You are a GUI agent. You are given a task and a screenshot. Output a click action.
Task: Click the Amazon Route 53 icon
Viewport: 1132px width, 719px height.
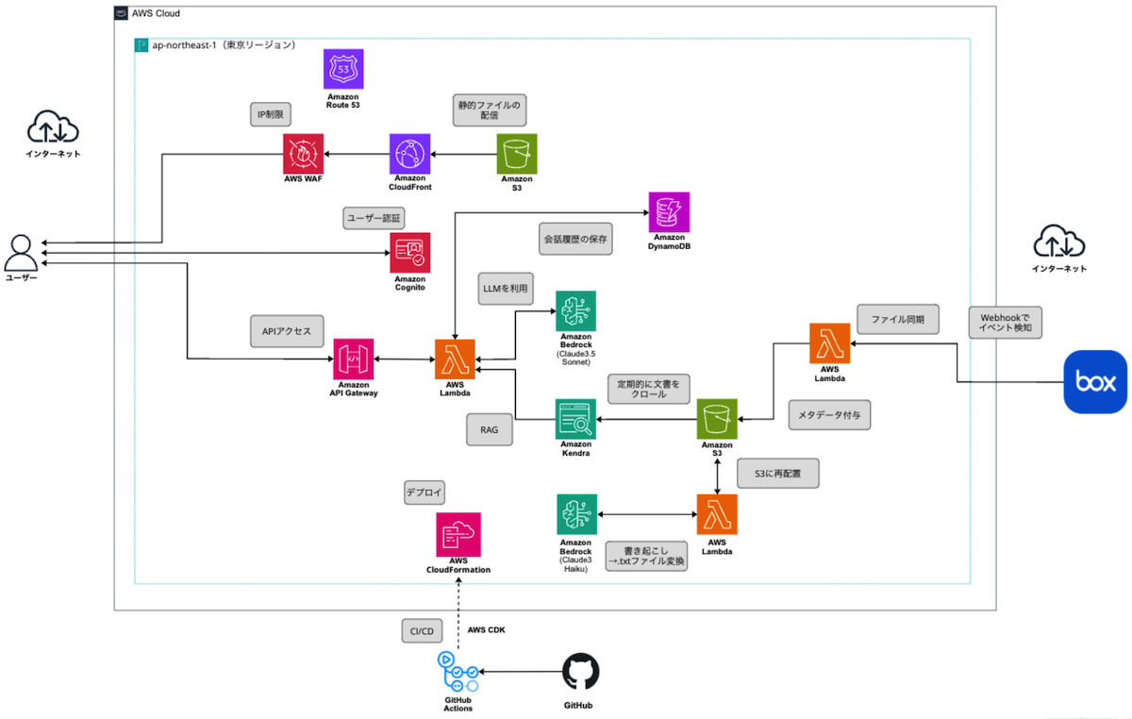click(x=343, y=69)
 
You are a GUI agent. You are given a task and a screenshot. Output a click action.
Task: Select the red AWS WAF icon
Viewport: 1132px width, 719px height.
click(x=303, y=153)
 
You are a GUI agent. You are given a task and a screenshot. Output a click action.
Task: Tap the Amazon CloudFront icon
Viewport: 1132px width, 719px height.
click(x=409, y=153)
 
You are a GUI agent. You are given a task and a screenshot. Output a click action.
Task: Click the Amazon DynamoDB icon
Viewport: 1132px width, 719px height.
click(x=669, y=211)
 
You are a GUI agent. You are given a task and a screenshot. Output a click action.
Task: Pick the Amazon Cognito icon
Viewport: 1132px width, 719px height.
click(x=410, y=253)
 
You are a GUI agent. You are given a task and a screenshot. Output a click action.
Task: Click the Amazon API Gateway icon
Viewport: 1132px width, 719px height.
click(x=353, y=359)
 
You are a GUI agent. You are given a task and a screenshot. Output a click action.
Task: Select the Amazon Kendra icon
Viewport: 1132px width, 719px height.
click(x=575, y=419)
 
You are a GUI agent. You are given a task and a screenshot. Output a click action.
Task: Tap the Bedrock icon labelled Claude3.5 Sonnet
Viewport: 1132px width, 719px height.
click(x=575, y=310)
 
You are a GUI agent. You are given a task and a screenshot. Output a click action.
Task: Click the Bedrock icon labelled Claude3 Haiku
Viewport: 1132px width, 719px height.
click(x=575, y=514)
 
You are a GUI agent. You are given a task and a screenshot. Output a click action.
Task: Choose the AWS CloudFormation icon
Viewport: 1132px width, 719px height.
click(x=458, y=534)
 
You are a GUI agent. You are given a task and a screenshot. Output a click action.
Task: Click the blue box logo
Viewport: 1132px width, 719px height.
click(x=1094, y=382)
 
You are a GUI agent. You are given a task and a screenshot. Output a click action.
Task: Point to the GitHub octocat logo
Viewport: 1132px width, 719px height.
click(x=580, y=673)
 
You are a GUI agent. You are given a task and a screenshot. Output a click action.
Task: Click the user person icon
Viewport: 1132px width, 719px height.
click(x=21, y=253)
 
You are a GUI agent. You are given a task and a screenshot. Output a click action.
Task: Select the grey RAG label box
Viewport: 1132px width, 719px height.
click(x=490, y=429)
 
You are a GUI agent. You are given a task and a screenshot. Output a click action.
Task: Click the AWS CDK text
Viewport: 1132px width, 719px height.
click(x=486, y=629)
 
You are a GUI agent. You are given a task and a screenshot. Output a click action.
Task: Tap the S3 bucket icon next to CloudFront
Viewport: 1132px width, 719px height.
click(x=517, y=153)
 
